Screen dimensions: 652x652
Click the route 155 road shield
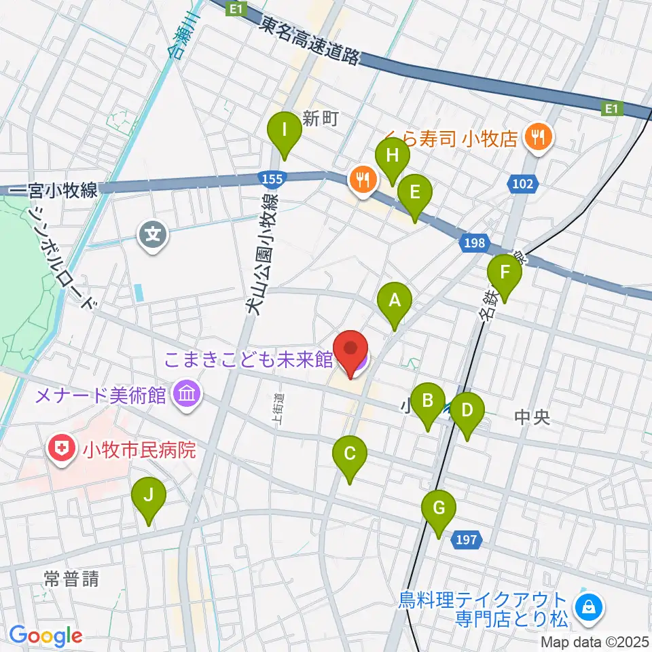pyautogui.click(x=271, y=179)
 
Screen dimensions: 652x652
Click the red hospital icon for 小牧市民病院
pyautogui.click(x=61, y=449)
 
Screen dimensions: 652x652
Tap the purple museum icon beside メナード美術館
pyautogui.click(x=185, y=394)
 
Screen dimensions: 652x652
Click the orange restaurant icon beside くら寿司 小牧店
pyautogui.click(x=538, y=138)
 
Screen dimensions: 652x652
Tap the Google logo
pyautogui.click(x=46, y=636)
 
